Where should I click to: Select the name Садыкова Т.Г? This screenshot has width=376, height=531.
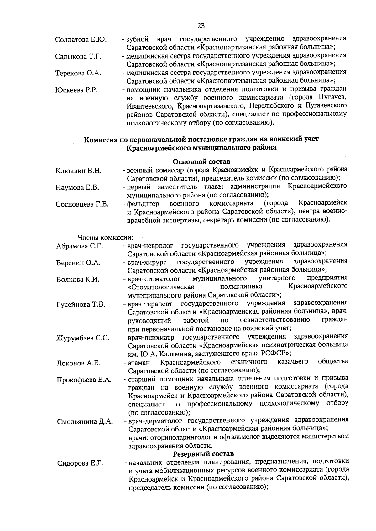tap(78, 57)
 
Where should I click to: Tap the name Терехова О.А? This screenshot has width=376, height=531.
tap(78, 73)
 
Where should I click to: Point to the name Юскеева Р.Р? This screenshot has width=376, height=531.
tap(76, 90)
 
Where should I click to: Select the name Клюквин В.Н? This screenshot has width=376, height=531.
tap(79, 171)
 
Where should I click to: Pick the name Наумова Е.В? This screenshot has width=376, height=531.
tap(77, 188)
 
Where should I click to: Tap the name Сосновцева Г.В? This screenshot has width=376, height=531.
tap(82, 204)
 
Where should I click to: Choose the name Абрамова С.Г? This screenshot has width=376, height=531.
tap(80, 246)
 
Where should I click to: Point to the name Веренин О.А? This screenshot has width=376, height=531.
tap(78, 263)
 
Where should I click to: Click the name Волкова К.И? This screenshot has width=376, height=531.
tap(78, 279)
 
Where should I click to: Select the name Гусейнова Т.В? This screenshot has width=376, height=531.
tap(81, 304)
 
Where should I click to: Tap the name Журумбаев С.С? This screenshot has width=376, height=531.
tap(83, 338)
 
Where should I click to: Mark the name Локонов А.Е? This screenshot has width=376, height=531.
tap(78, 363)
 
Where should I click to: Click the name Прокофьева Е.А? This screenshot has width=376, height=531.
tap(84, 380)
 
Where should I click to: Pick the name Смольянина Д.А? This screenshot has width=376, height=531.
tap(85, 421)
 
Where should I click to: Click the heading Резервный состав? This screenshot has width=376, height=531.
tap(203, 454)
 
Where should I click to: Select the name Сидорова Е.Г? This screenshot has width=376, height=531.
tap(80, 463)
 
